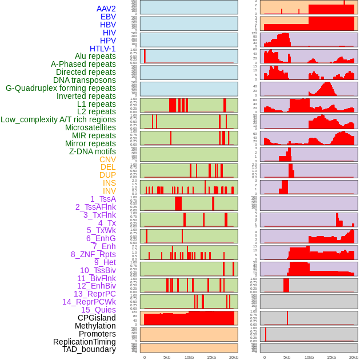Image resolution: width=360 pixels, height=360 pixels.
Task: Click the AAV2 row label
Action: point(106,9)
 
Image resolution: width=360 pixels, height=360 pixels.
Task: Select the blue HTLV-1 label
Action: point(102,49)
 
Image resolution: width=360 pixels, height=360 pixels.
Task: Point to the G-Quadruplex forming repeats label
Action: point(61,88)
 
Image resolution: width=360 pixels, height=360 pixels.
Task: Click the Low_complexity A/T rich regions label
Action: point(58,119)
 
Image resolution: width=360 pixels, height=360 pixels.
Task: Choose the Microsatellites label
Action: point(90,127)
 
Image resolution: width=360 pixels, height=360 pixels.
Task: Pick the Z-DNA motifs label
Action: point(92,151)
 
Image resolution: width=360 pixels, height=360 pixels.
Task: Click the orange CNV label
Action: point(107,159)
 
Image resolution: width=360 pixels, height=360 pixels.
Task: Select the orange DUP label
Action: point(107,175)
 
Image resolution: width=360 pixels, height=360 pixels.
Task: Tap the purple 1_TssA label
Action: point(103,199)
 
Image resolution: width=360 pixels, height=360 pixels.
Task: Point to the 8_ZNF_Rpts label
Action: point(93,254)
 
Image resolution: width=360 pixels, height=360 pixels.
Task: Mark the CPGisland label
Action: point(97,318)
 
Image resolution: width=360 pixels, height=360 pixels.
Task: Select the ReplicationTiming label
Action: point(84,342)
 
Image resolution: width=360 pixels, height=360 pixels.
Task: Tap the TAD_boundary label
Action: point(89,349)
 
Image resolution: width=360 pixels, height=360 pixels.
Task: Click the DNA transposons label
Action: point(84,80)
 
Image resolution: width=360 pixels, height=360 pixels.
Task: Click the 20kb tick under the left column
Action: point(233,357)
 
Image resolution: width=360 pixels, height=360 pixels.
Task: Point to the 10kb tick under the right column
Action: point(309,357)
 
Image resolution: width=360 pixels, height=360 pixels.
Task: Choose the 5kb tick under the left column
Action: point(167,357)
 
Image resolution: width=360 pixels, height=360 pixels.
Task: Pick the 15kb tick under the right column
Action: point(331,357)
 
